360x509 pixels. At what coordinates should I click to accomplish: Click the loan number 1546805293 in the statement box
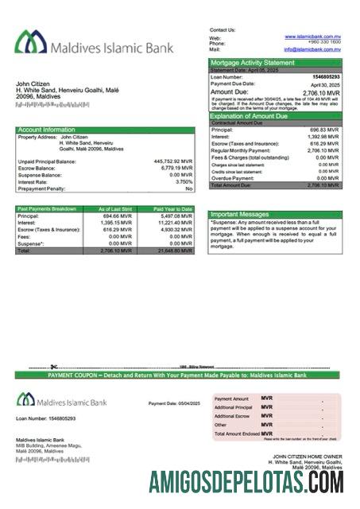click(327, 76)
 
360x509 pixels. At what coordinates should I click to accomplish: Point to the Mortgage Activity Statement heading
click(252, 62)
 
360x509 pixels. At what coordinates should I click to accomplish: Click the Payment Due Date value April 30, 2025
click(325, 84)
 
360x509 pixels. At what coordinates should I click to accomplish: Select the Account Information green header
click(47, 130)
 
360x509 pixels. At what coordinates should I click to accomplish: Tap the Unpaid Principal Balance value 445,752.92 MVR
click(172, 161)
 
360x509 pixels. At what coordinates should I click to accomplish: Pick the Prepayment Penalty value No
click(189, 188)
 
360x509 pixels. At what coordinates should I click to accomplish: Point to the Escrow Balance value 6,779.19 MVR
click(176, 168)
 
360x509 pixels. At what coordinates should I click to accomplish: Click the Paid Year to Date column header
click(172, 208)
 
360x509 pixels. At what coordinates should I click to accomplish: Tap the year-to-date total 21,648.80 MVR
click(174, 251)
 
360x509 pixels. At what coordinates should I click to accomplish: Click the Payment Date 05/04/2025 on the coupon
click(188, 403)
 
